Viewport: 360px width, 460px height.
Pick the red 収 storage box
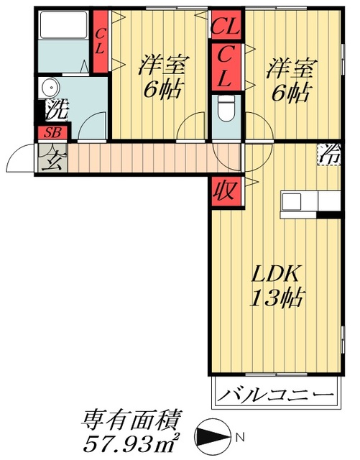pyautogui.click(x=223, y=191)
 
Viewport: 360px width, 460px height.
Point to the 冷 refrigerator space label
pyautogui.click(x=330, y=154)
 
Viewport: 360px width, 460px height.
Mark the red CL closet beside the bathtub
pyautogui.click(x=100, y=42)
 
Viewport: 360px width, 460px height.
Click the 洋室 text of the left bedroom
pyautogui.click(x=162, y=66)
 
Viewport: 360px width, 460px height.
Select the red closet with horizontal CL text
pyautogui.click(x=225, y=29)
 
